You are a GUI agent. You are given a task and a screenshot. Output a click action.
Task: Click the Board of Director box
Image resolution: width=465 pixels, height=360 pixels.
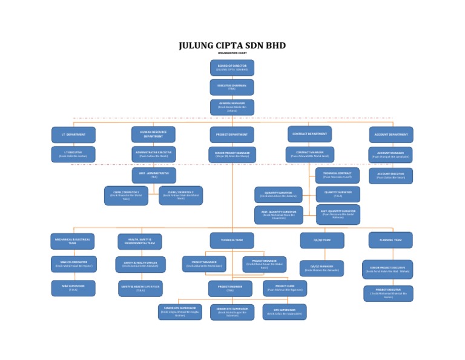pyautogui.click(x=232, y=68)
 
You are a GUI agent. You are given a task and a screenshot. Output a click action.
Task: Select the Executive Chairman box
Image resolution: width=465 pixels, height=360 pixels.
pyautogui.click(x=232, y=87)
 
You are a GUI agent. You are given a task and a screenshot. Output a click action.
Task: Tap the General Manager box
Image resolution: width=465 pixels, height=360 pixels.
pyautogui.click(x=232, y=107)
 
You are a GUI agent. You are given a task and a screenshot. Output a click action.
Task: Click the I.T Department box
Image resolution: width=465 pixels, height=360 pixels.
pyautogui.click(x=73, y=135)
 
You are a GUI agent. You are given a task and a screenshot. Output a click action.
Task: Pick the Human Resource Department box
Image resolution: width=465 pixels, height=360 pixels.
pyautogui.click(x=153, y=135)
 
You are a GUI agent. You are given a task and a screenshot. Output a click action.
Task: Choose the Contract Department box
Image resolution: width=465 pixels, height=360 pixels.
pyautogui.click(x=309, y=134)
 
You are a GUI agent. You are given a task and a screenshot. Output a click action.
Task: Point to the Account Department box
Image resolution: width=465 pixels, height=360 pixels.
pyautogui.click(x=391, y=135)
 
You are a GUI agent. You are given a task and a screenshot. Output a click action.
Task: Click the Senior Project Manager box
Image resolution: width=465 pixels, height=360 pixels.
pyautogui.click(x=232, y=155)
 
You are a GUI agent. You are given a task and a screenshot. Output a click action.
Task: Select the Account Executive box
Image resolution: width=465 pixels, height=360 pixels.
pyautogui.click(x=391, y=176)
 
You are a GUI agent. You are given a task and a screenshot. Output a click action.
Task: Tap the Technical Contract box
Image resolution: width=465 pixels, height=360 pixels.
pyautogui.click(x=337, y=176)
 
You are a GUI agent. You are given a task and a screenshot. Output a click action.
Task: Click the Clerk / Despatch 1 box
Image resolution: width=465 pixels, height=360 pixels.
pyautogui.click(x=126, y=195)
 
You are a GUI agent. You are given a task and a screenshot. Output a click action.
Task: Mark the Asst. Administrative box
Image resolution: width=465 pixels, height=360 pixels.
pyautogui.click(x=154, y=175)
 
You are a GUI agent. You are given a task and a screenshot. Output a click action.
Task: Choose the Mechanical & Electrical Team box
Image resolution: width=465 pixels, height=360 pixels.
pyautogui.click(x=73, y=241)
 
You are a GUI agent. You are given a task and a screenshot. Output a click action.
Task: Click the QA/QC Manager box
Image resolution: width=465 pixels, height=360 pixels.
pyautogui.click(x=322, y=268)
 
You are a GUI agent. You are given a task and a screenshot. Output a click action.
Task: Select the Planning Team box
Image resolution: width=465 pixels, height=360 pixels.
pyautogui.click(x=391, y=240)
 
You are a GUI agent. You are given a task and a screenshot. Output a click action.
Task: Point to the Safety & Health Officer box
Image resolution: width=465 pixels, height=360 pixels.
pyautogui.click(x=140, y=264)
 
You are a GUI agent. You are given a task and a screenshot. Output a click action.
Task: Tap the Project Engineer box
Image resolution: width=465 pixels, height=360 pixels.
pyautogui.click(x=230, y=288)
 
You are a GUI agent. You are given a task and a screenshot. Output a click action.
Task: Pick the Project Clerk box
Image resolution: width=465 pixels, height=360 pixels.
pyautogui.click(x=285, y=288)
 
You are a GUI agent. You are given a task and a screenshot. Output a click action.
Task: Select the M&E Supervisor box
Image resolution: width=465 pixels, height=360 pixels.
pyautogui.click(x=73, y=288)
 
